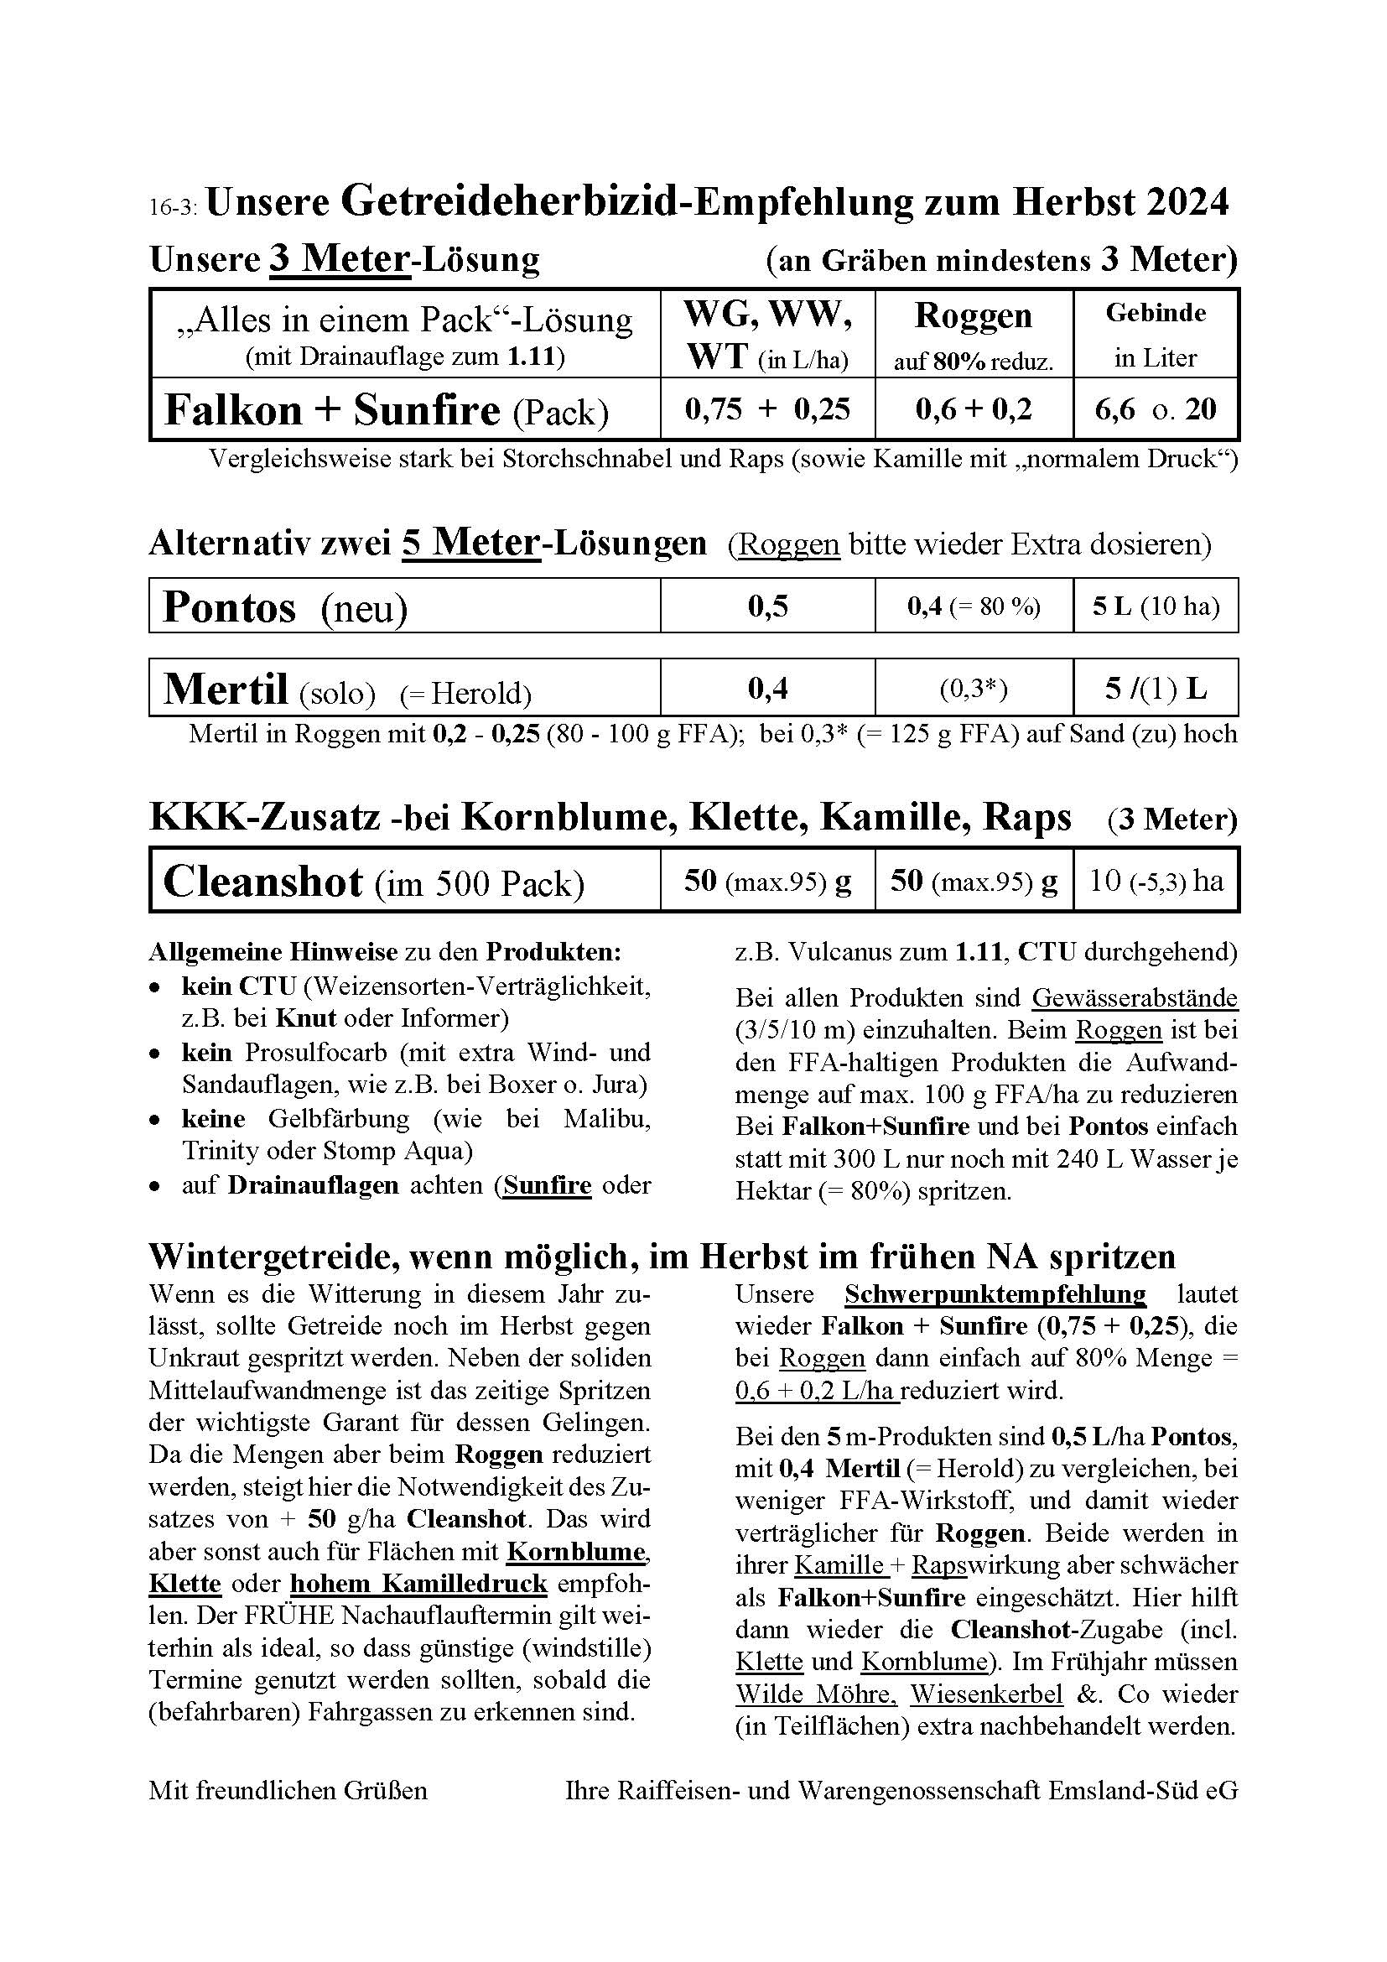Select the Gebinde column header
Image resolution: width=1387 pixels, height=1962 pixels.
1156,314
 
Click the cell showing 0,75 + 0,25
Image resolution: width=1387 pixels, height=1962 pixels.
767,409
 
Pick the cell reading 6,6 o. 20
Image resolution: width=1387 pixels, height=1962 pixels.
1156,409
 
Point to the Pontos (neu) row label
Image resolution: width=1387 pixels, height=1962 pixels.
284,607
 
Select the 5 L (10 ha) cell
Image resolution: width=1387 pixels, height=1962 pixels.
1156,606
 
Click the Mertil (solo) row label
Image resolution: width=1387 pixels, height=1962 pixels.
268,690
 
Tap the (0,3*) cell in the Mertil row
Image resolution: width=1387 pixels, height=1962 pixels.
973,690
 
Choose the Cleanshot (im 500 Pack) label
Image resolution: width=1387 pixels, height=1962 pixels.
373,882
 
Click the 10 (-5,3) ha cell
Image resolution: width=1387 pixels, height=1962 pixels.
1156,881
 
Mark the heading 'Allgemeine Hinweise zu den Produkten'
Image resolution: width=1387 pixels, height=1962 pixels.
384,952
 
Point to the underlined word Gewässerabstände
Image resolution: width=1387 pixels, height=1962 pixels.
1135,997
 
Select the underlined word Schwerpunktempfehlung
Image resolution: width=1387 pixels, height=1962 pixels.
995,1294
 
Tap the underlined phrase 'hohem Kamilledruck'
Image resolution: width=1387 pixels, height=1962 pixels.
418,1584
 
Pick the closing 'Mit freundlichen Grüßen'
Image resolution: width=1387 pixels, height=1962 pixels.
288,1790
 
